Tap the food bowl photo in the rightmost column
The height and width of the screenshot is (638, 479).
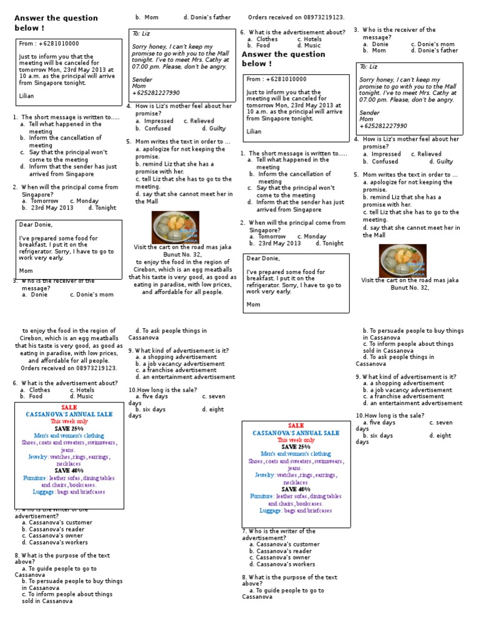point(404,260)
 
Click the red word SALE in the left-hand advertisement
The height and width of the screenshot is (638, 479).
point(69,407)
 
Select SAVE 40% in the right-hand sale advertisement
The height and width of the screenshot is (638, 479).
point(295,489)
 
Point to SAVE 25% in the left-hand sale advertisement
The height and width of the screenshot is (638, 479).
point(69,429)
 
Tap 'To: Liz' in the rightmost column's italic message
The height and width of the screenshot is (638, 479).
point(369,67)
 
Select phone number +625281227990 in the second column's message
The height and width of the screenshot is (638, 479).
point(155,93)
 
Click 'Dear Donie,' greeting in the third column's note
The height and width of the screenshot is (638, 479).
point(263,258)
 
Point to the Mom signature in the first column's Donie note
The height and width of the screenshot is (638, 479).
point(26,271)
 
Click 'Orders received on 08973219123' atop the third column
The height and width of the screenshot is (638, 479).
point(296,17)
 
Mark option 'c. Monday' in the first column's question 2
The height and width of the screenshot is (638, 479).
point(84,201)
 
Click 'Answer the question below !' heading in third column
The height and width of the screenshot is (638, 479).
point(283,59)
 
